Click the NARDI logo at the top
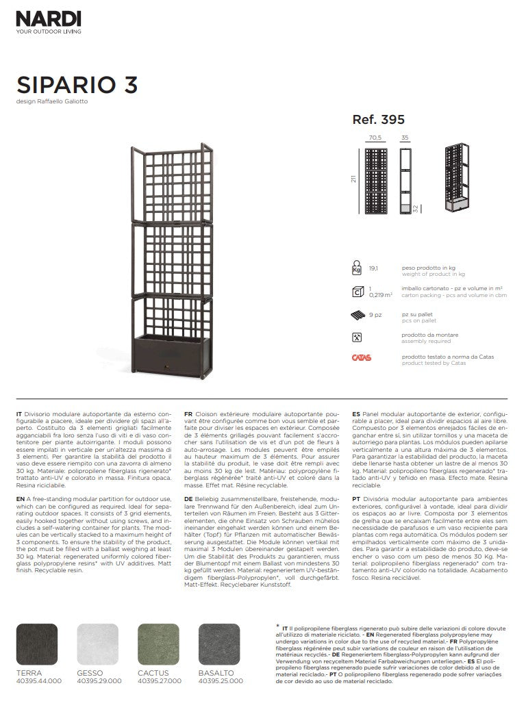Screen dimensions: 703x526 [49, 18]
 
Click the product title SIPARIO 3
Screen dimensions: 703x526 [76, 84]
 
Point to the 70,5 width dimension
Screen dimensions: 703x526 [375, 138]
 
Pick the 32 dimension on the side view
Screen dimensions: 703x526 [415, 207]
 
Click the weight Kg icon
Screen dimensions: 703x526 [357, 267]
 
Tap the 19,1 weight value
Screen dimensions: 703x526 [374, 270]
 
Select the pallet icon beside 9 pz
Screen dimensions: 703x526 [357, 316]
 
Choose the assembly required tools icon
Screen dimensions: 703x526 [357, 337]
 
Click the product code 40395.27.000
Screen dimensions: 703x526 [160, 681]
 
